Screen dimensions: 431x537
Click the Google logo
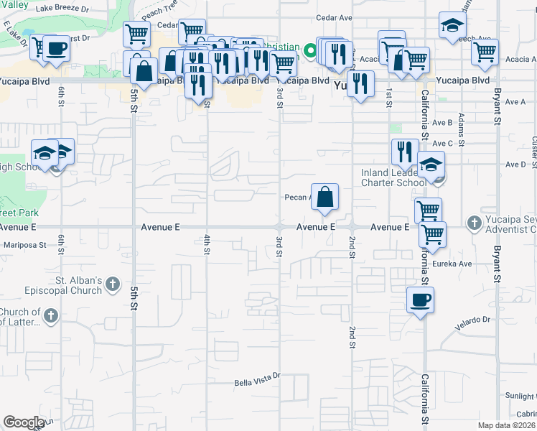point(24,422)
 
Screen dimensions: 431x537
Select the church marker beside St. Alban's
point(111,286)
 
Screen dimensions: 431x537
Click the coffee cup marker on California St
point(420,300)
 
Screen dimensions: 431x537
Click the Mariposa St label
point(23,244)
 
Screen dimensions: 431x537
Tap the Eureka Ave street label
point(456,264)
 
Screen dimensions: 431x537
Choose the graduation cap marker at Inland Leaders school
point(431,164)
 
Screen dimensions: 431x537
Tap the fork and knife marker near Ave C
point(404,152)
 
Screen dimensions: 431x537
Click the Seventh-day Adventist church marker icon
point(474,223)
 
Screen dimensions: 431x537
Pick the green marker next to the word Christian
point(310,50)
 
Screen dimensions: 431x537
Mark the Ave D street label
point(515,164)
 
